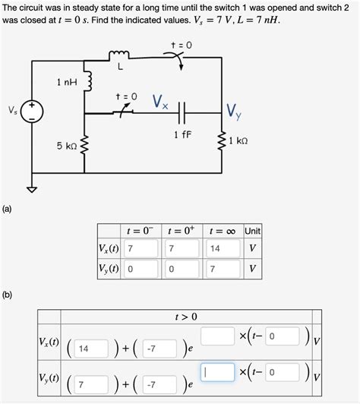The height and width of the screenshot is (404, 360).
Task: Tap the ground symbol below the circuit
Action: coord(32,190)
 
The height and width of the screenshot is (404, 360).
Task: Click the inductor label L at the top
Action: coord(119,67)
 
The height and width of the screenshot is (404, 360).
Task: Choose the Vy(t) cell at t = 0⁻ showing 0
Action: coord(141,269)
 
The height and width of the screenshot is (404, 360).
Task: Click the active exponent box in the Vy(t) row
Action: coord(217,372)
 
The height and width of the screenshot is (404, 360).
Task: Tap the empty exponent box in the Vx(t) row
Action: coord(217,335)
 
